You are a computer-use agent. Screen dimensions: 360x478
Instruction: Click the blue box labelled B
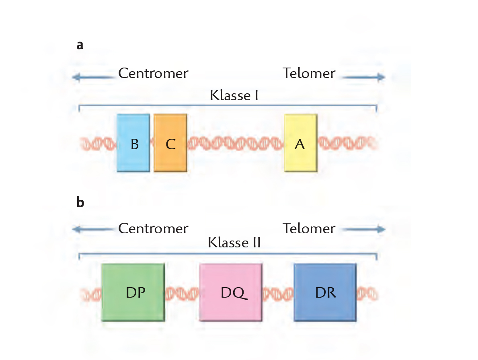click(x=133, y=143)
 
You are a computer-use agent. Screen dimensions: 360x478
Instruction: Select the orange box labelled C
click(x=170, y=143)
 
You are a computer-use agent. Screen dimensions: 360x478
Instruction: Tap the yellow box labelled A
click(x=300, y=143)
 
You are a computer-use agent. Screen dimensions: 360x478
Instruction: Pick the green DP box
click(x=133, y=292)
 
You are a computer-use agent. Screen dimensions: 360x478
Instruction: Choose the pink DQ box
click(x=231, y=292)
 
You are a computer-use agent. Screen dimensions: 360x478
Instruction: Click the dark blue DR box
click(x=325, y=292)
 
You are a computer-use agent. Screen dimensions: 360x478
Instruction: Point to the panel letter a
click(x=80, y=45)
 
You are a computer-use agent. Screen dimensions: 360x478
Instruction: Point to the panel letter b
click(x=80, y=202)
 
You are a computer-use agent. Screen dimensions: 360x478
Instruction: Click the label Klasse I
click(x=234, y=96)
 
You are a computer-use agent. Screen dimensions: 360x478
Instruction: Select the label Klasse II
click(x=234, y=243)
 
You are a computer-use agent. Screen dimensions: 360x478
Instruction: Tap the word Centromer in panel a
click(x=153, y=73)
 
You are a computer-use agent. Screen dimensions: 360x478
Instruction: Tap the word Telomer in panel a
click(x=309, y=73)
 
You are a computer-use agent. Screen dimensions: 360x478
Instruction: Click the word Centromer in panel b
click(x=153, y=228)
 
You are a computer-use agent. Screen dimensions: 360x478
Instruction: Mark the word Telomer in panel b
click(x=309, y=228)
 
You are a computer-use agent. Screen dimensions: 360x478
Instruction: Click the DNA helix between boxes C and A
click(x=235, y=142)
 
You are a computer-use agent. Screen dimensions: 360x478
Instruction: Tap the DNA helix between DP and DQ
click(x=182, y=293)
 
